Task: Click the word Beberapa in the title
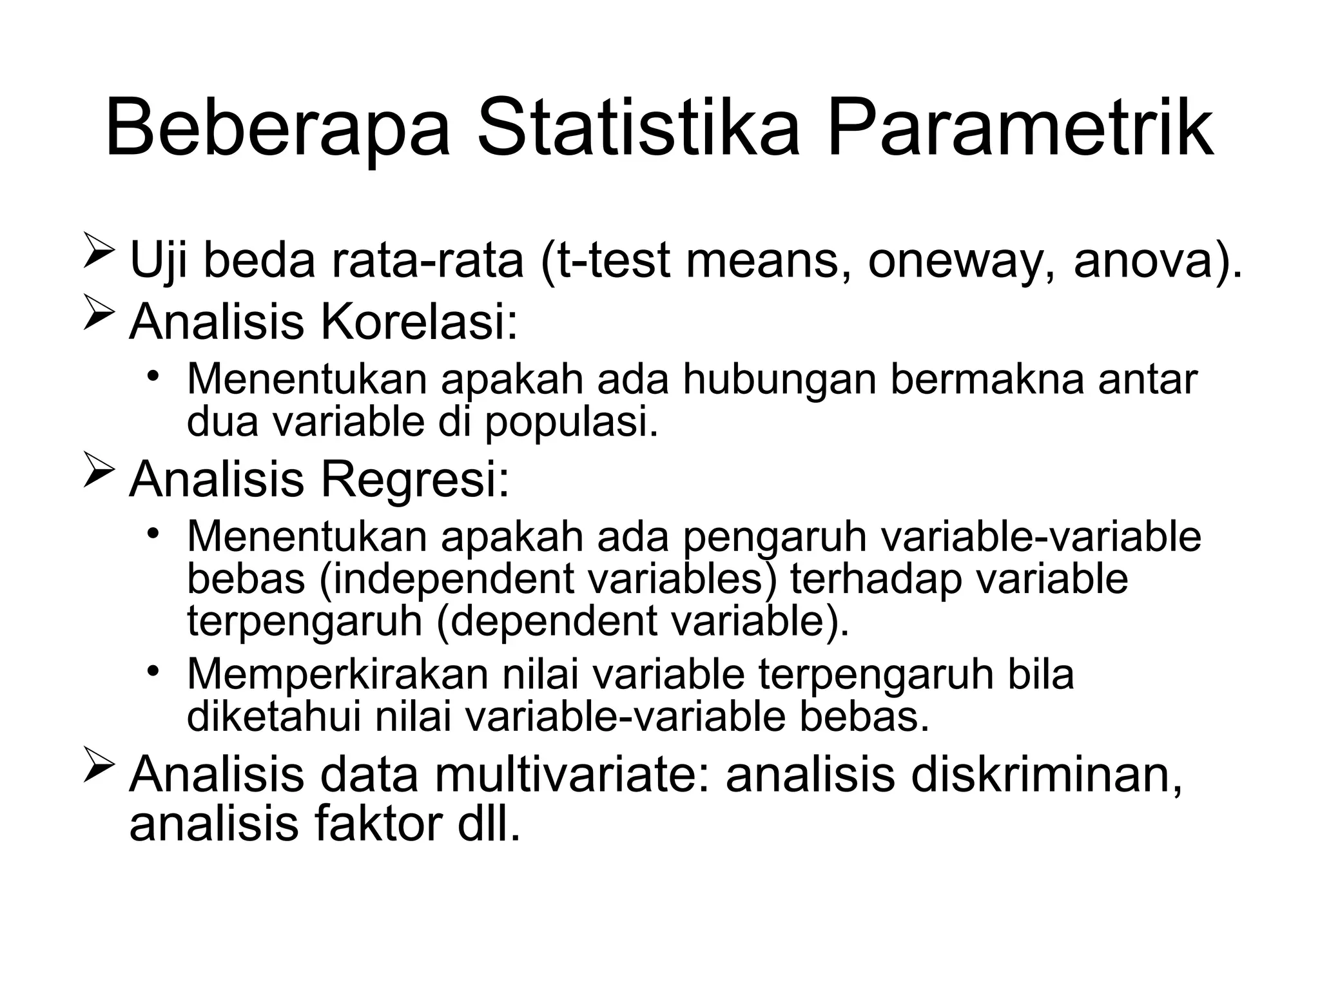pos(277,127)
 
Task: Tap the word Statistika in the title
pos(638,127)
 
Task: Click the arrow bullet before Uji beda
pos(99,253)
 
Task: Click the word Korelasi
pos(419,322)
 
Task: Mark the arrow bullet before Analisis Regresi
pos(99,473)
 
